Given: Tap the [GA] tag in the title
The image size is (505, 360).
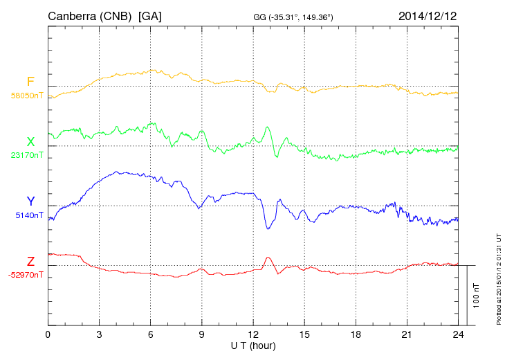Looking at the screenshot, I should [x=149, y=15].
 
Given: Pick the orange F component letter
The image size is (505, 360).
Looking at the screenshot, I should [x=30, y=82].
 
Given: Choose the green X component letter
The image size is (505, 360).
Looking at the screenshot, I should [x=30, y=142].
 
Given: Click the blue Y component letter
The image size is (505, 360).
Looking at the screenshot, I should [x=30, y=201].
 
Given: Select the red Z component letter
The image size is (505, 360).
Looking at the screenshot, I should [x=30, y=262].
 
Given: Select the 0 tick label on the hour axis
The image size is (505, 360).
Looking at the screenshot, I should [x=48, y=335].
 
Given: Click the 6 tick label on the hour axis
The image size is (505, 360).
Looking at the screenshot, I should [x=150, y=335].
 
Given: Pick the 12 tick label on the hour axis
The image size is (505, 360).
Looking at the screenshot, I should [x=253, y=335].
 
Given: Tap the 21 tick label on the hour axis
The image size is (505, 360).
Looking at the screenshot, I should [x=407, y=335].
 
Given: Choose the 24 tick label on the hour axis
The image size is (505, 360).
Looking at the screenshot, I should [x=458, y=335].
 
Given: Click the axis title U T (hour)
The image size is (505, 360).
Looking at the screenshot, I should [x=253, y=345].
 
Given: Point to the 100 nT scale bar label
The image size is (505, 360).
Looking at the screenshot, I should [x=477, y=295].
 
